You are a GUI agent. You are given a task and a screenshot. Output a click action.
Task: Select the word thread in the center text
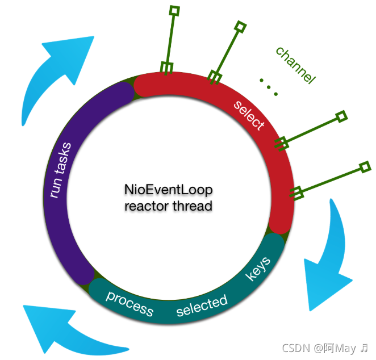click(191, 206)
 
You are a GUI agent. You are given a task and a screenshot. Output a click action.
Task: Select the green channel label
click(295, 65)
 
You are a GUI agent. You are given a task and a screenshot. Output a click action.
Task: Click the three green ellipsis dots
click(268, 86)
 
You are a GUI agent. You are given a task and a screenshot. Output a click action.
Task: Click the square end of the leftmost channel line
click(175, 10)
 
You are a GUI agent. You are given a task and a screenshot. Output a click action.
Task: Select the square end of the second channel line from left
click(241, 26)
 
